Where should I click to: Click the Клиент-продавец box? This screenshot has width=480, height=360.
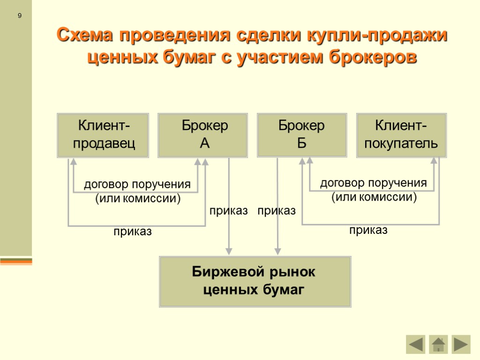[103, 135]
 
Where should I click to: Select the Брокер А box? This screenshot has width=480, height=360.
[202, 135]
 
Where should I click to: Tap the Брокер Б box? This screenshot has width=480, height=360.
[302, 135]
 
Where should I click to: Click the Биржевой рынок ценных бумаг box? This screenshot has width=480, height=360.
[255, 281]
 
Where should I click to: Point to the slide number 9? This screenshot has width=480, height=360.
[20, 16]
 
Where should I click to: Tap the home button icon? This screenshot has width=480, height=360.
[438, 345]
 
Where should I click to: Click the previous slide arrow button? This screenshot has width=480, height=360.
[415, 345]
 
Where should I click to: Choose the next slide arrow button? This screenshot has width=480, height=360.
[461, 345]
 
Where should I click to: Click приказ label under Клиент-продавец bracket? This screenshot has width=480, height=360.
[133, 232]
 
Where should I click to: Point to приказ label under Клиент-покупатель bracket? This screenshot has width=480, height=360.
[368, 230]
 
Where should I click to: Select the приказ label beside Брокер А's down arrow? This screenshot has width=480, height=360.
[228, 211]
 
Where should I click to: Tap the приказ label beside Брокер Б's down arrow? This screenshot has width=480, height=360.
[277, 211]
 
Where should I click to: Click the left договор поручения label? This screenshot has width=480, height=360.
[137, 184]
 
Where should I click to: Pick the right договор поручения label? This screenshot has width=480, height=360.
[373, 183]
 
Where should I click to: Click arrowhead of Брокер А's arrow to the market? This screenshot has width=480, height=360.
[229, 251]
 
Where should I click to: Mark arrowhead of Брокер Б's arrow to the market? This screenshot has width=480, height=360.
[277, 251]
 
